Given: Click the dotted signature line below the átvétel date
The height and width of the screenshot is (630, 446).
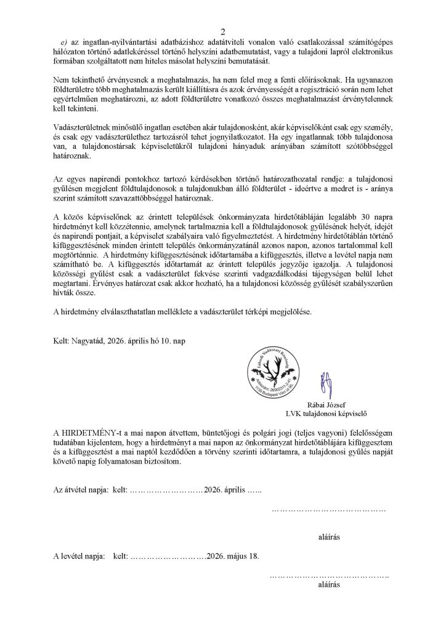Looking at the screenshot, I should click(x=329, y=509).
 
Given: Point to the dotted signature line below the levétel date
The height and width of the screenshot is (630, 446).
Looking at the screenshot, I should click(x=330, y=576).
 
